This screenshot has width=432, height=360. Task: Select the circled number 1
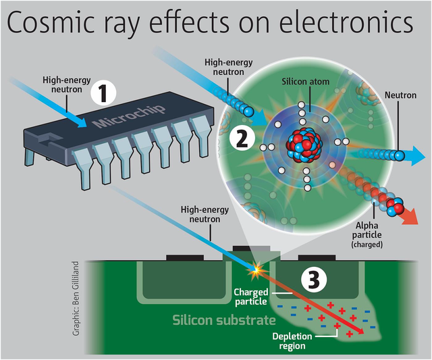103,93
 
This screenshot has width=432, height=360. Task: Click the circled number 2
242,138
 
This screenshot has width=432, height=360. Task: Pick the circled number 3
314,280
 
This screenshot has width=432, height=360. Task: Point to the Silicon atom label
306,82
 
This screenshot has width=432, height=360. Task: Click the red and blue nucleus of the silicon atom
304,145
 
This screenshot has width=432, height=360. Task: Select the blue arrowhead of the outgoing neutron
416,156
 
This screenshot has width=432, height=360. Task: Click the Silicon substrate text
224,320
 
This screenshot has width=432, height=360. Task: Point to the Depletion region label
292,341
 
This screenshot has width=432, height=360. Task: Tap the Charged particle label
250,297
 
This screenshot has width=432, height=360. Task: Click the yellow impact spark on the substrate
256,271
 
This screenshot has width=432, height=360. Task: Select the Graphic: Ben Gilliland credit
76,299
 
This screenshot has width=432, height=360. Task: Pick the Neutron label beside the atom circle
400,95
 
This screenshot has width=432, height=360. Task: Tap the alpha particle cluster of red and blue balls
396,206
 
